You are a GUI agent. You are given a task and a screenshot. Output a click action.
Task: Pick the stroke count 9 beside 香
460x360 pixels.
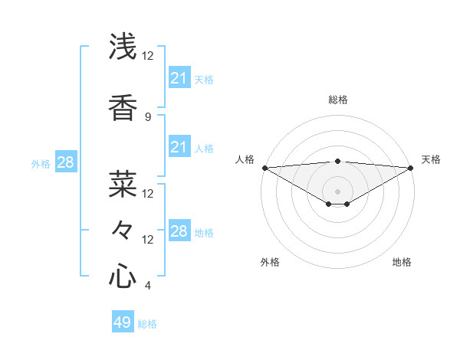[x=147, y=116]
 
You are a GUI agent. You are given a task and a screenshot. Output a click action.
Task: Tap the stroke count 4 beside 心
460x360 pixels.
[x=147, y=286]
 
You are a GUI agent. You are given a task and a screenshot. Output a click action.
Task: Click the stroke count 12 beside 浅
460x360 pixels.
[x=147, y=56]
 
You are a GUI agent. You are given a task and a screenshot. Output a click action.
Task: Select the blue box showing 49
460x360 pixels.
[x=123, y=322]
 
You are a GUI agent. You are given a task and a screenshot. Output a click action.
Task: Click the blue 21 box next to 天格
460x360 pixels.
[x=179, y=78]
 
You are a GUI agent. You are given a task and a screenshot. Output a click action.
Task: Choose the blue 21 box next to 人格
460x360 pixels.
[x=179, y=147]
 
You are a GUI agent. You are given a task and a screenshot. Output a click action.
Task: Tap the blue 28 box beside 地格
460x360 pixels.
[x=179, y=231]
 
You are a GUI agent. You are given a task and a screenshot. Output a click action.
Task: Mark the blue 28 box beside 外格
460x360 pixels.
[x=65, y=162]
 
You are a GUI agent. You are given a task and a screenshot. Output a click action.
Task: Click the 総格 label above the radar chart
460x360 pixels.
[x=337, y=100]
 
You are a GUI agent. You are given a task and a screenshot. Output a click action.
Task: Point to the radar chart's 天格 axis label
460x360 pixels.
[x=431, y=159]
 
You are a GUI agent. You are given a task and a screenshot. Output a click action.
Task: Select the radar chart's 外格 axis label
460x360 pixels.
[x=270, y=262]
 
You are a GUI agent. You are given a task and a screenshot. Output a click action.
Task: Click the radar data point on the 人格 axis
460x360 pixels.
[x=264, y=168]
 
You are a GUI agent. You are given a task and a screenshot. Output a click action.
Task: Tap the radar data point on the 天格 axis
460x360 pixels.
[x=411, y=168]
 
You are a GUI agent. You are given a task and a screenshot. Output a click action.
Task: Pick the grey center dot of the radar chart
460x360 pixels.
[x=337, y=191]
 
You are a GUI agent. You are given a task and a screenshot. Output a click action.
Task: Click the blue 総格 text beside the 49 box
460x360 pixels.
[x=147, y=324]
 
